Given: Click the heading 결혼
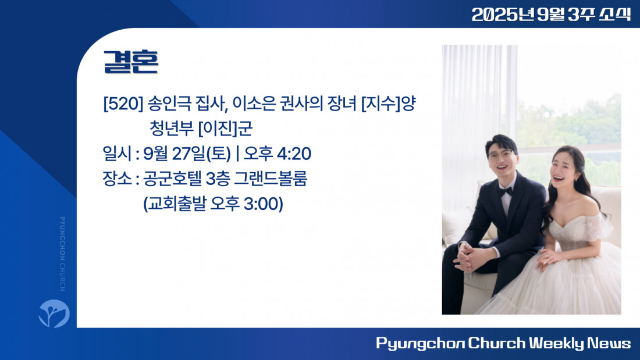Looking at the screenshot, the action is point(130,62).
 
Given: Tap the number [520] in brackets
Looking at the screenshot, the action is point(123,104).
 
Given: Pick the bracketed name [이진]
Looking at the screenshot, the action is point(218,129).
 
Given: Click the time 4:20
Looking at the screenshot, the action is point(294,154).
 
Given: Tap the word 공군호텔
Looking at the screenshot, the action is point(172,179).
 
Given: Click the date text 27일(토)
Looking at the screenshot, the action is point(201,154).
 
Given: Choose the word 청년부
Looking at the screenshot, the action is point(172,129).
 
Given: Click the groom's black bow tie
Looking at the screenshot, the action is point(506,192).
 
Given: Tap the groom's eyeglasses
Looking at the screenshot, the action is point(500,155).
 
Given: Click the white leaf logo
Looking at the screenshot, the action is point(54,313).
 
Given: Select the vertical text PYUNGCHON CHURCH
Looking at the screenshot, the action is point(62,254).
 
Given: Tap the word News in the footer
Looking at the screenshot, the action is point(609,343).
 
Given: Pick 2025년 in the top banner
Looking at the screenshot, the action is point(503,15).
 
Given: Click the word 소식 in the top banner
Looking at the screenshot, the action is point(615,15).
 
